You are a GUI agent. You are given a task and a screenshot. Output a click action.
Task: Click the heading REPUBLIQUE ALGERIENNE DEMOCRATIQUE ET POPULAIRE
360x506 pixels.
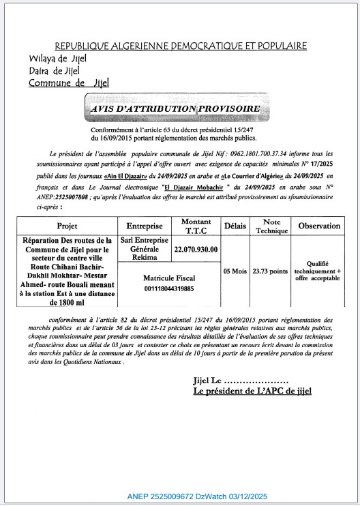click(180, 46)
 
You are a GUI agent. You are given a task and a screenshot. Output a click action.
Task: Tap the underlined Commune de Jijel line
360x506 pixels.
click(68, 83)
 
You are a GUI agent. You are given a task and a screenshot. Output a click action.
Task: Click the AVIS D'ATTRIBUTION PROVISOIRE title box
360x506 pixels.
click(175, 109)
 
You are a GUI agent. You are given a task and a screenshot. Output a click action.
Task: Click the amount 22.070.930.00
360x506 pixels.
click(196, 250)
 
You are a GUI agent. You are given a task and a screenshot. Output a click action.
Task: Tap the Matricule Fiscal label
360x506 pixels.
click(168, 278)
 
